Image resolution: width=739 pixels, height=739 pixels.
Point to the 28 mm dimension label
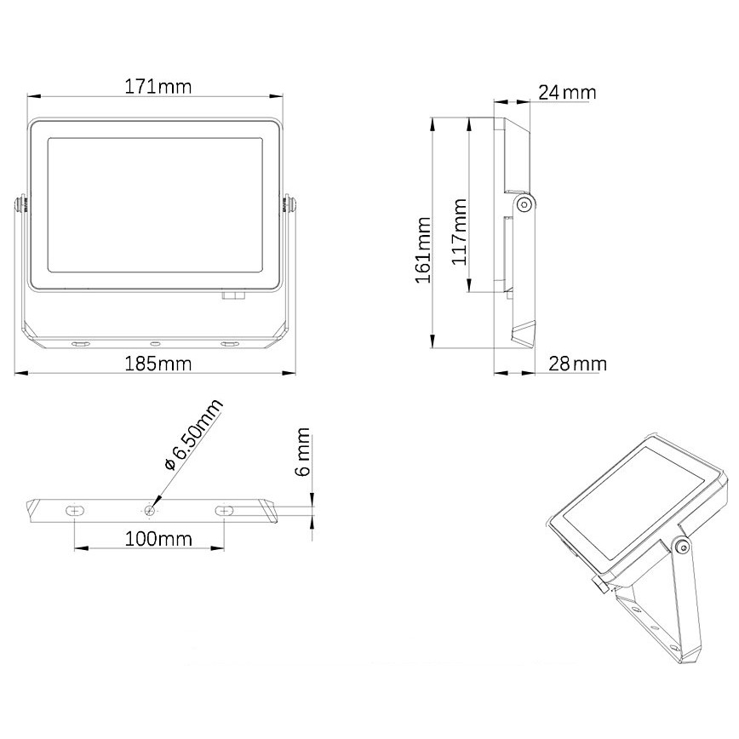[576, 364]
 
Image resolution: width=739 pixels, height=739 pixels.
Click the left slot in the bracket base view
[76, 509]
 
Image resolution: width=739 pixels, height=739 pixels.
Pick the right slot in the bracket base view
[224, 509]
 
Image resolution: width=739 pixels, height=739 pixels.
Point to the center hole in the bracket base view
[150, 510]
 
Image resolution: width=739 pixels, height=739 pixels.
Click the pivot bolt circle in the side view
[524, 203]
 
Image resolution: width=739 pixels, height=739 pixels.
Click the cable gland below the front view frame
[232, 295]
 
